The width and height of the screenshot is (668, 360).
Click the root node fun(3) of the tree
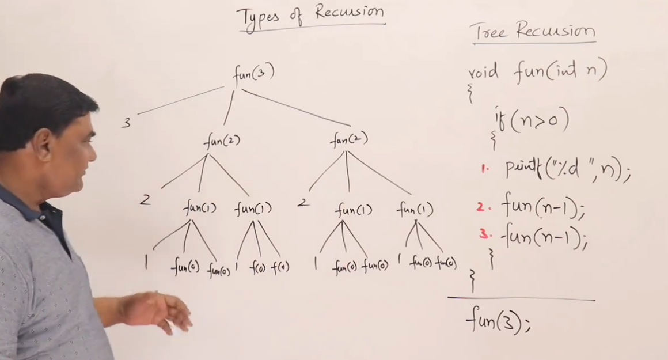[253, 74]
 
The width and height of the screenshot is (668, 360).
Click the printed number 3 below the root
[126, 122]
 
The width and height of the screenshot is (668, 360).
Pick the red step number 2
[481, 207]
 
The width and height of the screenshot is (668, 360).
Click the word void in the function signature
[483, 74]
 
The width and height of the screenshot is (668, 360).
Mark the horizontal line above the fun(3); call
[521, 299]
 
